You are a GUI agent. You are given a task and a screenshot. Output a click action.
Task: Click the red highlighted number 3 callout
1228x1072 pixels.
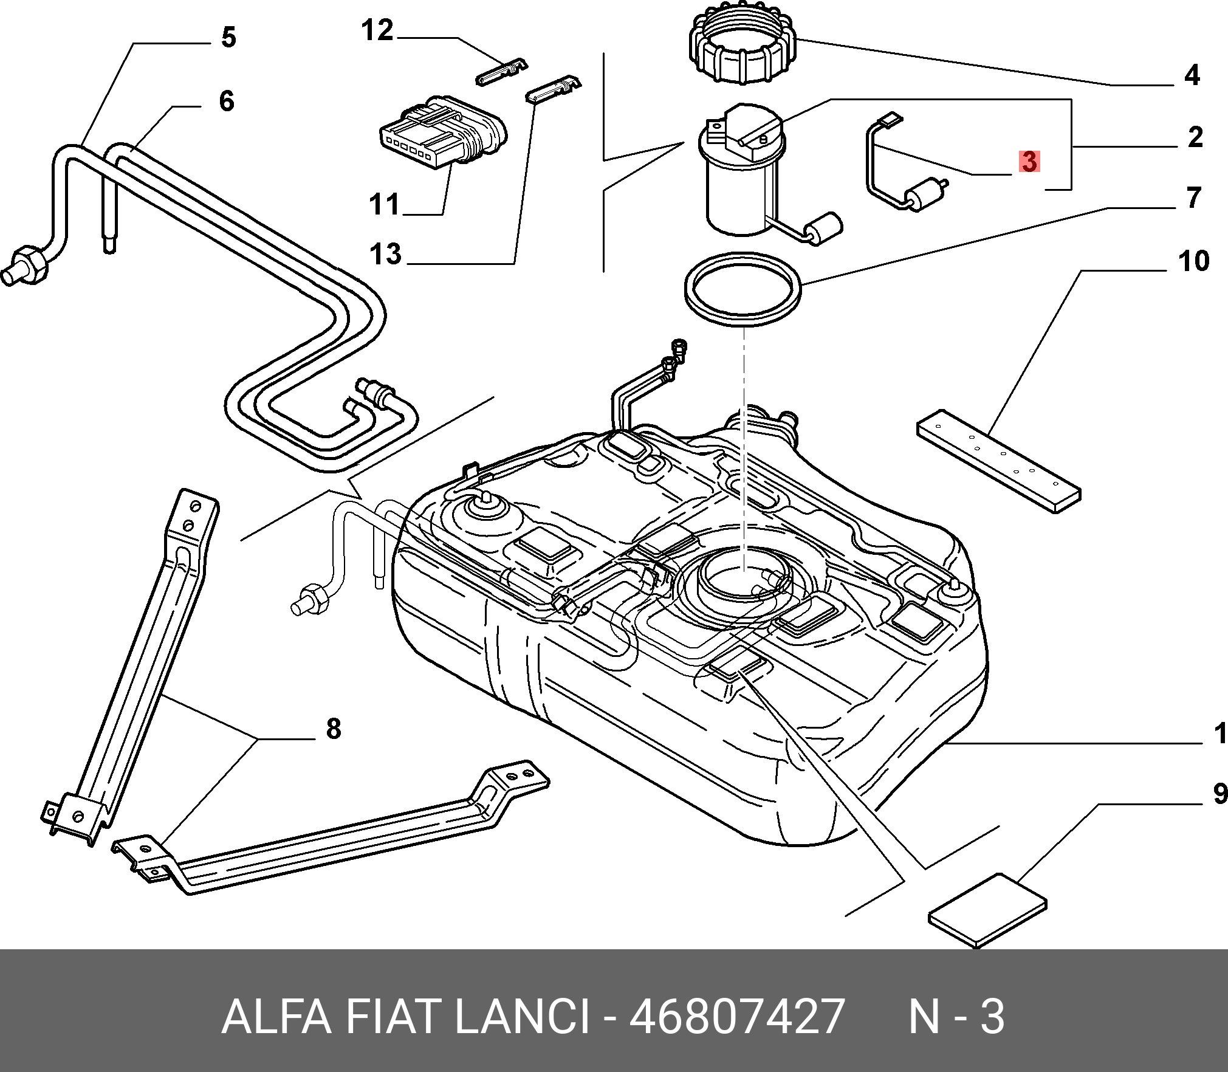[1029, 162]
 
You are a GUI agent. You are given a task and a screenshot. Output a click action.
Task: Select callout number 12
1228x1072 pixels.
[377, 30]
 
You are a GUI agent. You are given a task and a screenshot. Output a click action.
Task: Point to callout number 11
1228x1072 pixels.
[384, 204]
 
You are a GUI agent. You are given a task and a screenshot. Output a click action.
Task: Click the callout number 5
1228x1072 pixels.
[228, 38]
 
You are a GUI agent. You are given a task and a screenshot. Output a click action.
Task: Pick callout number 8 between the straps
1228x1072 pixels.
[334, 729]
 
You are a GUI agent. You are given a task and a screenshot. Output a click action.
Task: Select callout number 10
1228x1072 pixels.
[1193, 261]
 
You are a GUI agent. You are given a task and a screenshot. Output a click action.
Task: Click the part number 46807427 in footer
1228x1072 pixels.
[737, 1017]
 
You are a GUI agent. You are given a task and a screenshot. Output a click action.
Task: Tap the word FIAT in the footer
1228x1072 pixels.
[393, 1017]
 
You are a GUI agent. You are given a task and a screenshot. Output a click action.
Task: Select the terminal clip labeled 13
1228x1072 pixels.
[553, 88]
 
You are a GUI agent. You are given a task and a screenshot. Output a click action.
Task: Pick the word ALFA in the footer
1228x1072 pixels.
[276, 1017]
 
